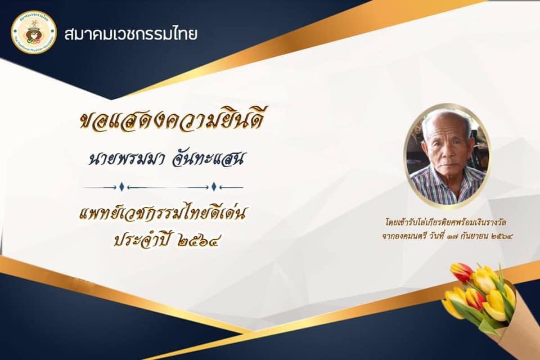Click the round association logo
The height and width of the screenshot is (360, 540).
point(34,32)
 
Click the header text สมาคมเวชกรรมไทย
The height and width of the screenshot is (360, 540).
point(131,34)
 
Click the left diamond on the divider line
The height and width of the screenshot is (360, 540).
point(121,187)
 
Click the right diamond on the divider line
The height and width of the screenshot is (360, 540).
point(214,187)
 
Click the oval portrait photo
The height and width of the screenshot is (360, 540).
point(448,156)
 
